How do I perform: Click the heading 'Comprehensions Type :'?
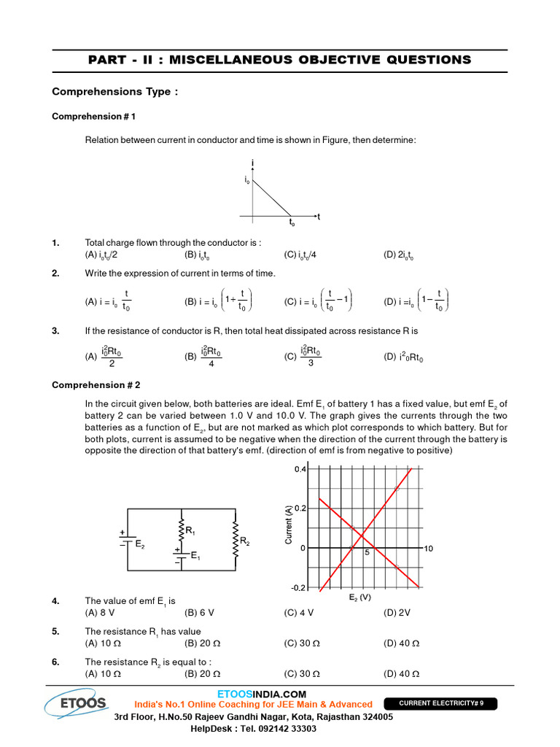coord(114,92)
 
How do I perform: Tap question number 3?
coord(55,330)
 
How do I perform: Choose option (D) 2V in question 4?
coord(397,613)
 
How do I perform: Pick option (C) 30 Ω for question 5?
coord(302,643)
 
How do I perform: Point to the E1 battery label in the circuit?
coord(195,557)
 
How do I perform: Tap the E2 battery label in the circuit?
coord(139,543)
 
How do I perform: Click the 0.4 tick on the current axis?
coord(300,470)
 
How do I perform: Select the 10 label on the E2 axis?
coord(428,548)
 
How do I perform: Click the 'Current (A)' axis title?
coord(289,525)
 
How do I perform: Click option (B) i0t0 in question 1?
coord(198,255)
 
